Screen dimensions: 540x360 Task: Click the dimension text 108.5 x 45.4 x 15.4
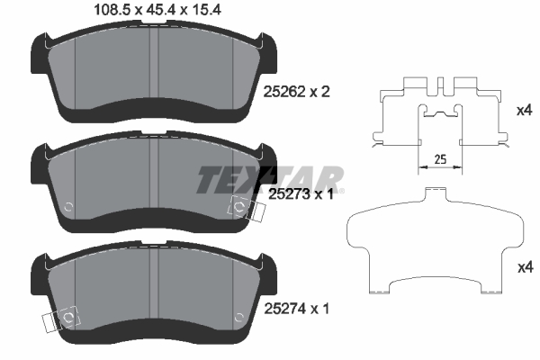click(x=157, y=10)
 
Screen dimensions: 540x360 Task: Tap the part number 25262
click(x=284, y=92)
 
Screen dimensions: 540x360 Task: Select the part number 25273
click(x=289, y=194)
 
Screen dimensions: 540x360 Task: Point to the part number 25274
click(x=284, y=309)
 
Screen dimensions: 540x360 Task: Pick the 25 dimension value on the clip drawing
click(x=440, y=159)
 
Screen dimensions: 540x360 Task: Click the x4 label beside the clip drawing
click(x=525, y=111)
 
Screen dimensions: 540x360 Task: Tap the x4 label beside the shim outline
click(x=526, y=267)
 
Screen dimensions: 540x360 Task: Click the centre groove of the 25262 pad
click(x=154, y=63)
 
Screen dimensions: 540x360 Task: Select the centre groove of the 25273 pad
click(x=154, y=173)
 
